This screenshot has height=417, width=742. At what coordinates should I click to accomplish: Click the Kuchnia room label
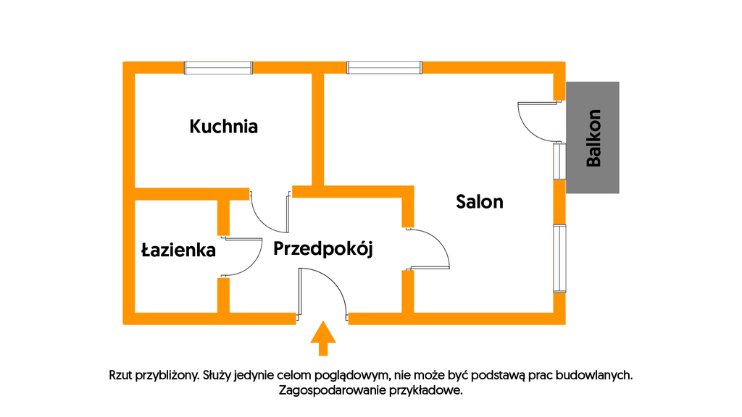(x=223, y=127)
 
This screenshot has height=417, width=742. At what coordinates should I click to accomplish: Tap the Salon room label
(x=480, y=202)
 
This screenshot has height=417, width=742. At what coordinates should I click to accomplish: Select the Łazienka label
(x=178, y=250)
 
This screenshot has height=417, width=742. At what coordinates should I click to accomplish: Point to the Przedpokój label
(x=323, y=249)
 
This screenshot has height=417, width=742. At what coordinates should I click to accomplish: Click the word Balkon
(x=593, y=138)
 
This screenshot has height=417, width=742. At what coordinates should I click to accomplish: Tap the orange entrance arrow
(x=323, y=338)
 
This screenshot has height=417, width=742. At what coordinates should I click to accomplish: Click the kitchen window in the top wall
(x=218, y=68)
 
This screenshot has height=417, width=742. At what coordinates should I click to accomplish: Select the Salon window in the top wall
(x=384, y=67)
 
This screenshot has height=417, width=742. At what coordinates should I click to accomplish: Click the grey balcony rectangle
(x=593, y=138)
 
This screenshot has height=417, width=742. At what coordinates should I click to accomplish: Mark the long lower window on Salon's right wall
(x=560, y=258)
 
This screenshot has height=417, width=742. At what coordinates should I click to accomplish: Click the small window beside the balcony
(x=560, y=161)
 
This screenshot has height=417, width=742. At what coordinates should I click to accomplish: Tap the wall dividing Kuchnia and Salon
(x=318, y=130)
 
